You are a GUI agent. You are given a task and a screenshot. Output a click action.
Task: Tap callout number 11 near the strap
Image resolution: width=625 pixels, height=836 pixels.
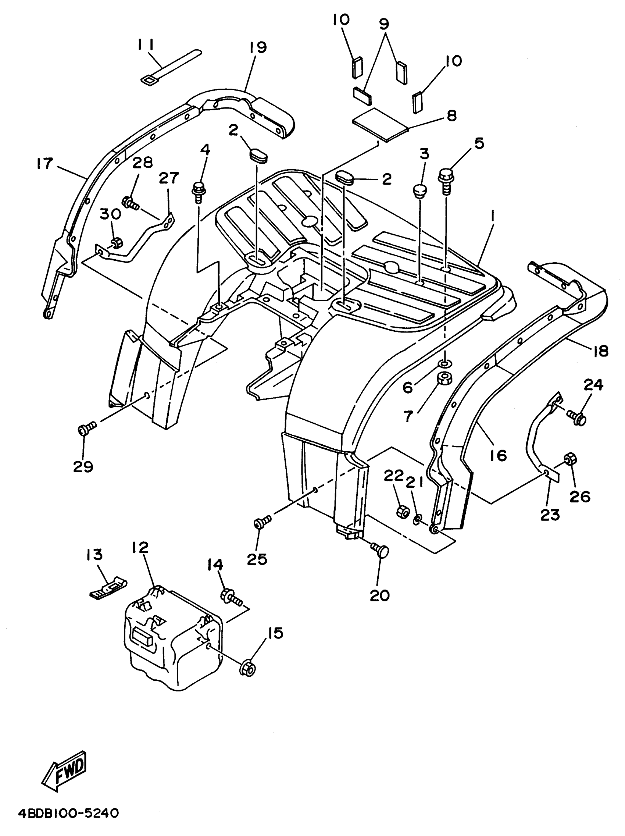tap(146, 45)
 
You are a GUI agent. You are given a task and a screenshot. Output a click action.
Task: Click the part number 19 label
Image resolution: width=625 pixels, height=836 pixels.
tap(258, 47)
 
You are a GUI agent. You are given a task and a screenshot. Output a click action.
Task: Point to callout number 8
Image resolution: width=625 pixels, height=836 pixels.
tap(451, 115)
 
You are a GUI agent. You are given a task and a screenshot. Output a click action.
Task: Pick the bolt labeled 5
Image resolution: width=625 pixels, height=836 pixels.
tap(446, 180)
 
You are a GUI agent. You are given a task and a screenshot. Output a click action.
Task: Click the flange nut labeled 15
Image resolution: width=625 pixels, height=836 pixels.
tap(248, 669)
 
